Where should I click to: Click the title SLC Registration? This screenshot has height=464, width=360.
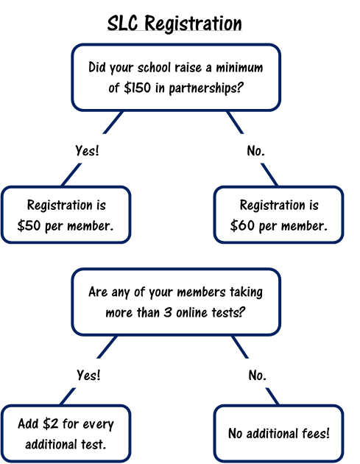[174, 24]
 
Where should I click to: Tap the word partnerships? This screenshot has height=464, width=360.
[206, 88]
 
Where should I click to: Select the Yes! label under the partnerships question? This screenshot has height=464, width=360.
[87, 150]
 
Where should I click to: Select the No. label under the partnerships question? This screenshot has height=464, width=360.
[256, 151]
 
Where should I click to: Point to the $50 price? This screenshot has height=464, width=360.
[29, 226]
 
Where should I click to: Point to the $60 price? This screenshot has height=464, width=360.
[242, 226]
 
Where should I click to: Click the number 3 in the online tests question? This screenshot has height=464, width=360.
[168, 312]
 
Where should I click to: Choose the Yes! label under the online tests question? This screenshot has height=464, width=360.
[89, 375]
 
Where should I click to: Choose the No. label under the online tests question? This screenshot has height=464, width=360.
[258, 375]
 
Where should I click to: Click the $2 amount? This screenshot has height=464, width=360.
[51, 423]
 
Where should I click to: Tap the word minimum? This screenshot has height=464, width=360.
[239, 68]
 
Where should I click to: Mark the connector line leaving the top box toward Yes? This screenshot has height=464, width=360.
[113, 122]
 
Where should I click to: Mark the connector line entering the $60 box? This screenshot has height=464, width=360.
[269, 175]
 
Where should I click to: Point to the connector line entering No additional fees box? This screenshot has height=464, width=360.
[272, 396]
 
